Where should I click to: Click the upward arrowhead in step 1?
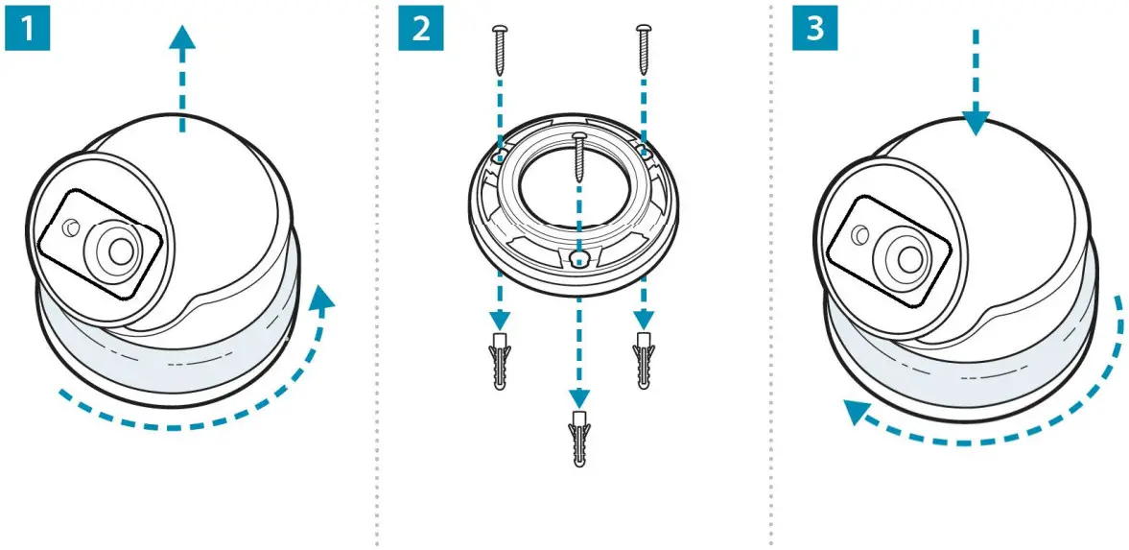point(181,38)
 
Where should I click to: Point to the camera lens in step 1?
point(121,250)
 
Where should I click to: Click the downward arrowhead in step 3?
point(976,123)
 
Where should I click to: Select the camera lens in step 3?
point(904,253)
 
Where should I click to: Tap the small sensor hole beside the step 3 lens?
point(860,234)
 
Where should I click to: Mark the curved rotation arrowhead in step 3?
point(854,414)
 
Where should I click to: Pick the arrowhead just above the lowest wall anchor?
point(578,397)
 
